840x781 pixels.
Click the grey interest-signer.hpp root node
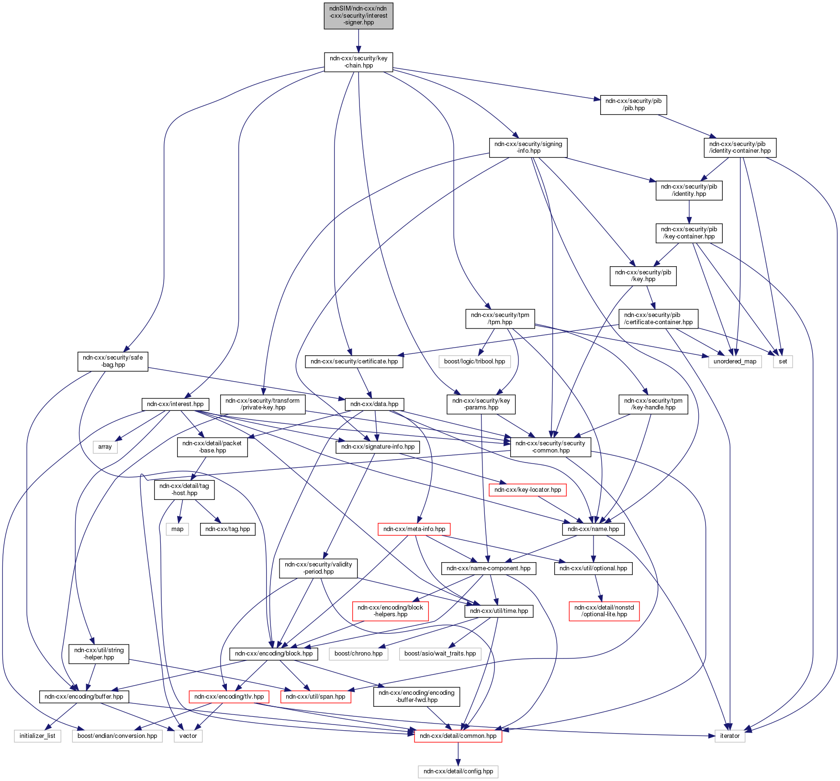358,15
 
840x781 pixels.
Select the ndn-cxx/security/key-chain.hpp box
358,62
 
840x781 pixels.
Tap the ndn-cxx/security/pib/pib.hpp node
633,104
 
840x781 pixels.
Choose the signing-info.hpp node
528,147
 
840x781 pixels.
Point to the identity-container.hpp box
739,147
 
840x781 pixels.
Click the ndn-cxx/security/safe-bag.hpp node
112,361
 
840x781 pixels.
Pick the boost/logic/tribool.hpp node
474,361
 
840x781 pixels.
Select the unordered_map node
735,361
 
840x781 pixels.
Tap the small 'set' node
783,361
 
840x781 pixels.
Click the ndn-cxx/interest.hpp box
175,404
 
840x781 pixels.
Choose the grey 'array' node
105,447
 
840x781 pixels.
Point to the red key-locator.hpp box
527,490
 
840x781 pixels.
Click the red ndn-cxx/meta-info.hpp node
414,529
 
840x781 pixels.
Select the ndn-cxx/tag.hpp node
227,529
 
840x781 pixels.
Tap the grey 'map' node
177,529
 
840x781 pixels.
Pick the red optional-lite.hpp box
604,611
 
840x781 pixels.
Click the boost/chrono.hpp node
358,653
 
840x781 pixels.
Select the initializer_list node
37,736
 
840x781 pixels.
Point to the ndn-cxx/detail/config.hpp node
458,771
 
